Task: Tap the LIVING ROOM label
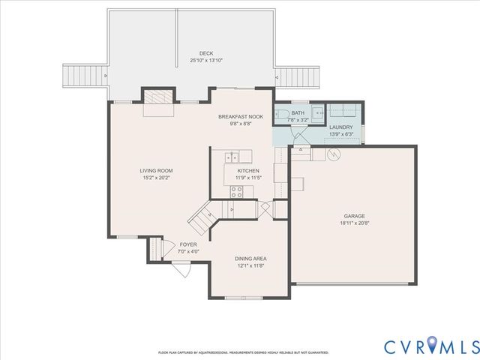point(156,171)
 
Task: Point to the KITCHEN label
point(248,171)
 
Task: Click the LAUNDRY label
point(342,127)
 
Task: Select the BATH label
point(298,113)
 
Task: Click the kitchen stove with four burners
point(236,192)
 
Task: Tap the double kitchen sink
point(232,157)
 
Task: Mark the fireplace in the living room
point(158,102)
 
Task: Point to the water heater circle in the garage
point(333,154)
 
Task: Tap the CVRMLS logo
point(430,346)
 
